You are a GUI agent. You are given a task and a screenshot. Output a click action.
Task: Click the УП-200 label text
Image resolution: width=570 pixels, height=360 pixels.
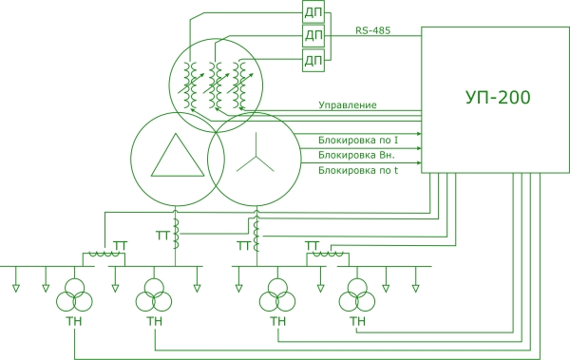498,97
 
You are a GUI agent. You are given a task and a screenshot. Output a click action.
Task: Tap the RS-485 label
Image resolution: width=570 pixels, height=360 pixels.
372,30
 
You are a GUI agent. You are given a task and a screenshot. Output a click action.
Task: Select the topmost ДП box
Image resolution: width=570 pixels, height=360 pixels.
313,12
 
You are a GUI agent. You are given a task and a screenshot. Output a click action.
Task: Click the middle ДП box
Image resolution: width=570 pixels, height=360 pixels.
313,36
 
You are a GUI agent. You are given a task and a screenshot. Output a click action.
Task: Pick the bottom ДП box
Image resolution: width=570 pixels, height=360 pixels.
313,61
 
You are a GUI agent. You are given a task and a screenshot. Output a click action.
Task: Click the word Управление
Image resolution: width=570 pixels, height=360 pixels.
348,105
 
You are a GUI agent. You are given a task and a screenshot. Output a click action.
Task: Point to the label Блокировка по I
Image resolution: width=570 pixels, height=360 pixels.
358,140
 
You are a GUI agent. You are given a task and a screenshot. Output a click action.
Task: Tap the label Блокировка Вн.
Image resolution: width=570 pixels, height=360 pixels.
356,155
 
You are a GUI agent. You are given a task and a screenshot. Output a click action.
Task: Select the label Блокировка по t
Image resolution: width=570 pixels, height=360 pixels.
358,170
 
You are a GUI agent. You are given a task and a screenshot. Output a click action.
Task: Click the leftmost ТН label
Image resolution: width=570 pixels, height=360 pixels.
74,321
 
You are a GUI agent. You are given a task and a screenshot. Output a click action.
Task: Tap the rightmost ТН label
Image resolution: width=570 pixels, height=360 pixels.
357,321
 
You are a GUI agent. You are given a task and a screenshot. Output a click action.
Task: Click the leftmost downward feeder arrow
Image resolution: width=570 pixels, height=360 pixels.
15,279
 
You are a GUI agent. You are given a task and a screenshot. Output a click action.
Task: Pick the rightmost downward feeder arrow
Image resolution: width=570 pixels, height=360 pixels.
415,279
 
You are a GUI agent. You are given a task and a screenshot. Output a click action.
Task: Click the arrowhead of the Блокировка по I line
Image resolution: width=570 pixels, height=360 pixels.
419,134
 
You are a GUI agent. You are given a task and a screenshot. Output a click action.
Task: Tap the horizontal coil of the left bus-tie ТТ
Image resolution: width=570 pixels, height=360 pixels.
104,256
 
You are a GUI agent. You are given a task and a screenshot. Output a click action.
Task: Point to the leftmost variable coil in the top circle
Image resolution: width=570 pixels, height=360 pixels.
190,85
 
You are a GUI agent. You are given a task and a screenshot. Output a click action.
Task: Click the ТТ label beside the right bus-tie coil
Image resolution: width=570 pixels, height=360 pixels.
313,245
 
